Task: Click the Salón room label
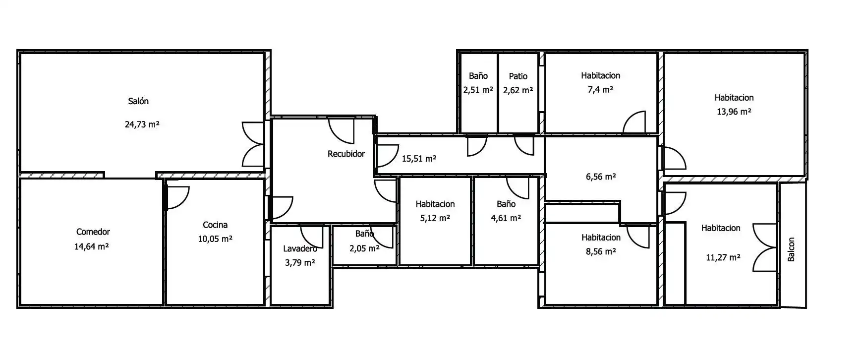pyautogui.click(x=138, y=101)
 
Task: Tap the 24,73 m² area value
pyautogui.click(x=142, y=124)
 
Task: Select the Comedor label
pyautogui.click(x=93, y=232)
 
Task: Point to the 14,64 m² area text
pyautogui.click(x=92, y=246)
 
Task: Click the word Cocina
pyautogui.click(x=215, y=225)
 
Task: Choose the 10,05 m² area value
pyautogui.click(x=215, y=239)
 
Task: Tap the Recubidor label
pyautogui.click(x=346, y=154)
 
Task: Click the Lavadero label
pyautogui.click(x=300, y=248)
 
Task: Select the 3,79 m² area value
pyautogui.click(x=300, y=263)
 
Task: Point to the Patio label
pyautogui.click(x=518, y=76)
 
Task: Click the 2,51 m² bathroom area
pyautogui.click(x=478, y=90)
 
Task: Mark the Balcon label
pyautogui.click(x=791, y=249)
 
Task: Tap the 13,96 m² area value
pyautogui.click(x=734, y=112)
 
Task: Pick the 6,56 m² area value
pyautogui.click(x=601, y=177)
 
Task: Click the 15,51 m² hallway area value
pyautogui.click(x=419, y=159)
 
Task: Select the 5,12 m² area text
pyautogui.click(x=435, y=218)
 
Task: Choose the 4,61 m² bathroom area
pyautogui.click(x=506, y=218)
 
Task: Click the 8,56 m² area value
pyautogui.click(x=601, y=252)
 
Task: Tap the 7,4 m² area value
pyautogui.click(x=600, y=90)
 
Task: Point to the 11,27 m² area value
pyautogui.click(x=723, y=258)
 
